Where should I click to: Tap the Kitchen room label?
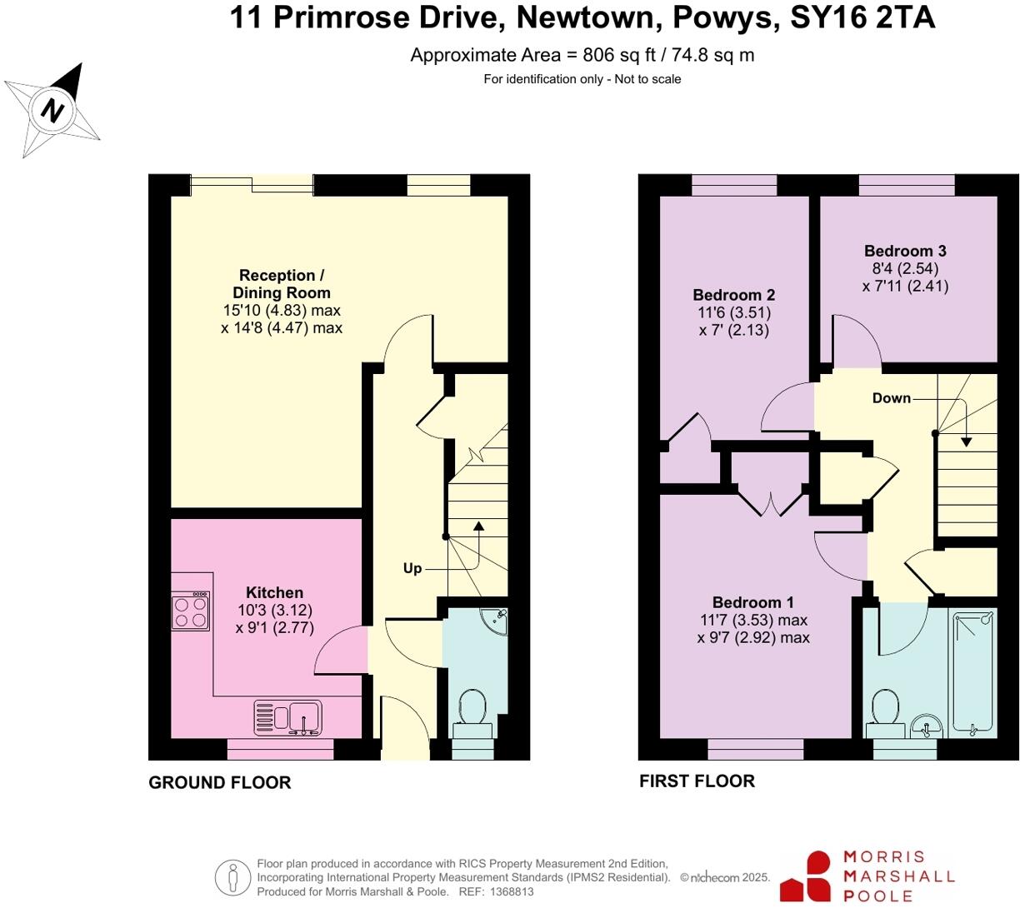(274, 593)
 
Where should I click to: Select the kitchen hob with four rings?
(190, 611)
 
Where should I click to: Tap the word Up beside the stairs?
(412, 568)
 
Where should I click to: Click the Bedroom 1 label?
(752, 602)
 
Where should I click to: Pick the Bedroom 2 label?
(733, 295)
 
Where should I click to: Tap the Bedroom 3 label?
(905, 251)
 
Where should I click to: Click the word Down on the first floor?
(891, 398)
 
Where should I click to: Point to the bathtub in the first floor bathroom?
(974, 673)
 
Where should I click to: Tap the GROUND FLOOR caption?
(219, 782)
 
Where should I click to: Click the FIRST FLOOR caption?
(697, 781)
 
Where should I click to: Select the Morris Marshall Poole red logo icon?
(806, 876)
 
